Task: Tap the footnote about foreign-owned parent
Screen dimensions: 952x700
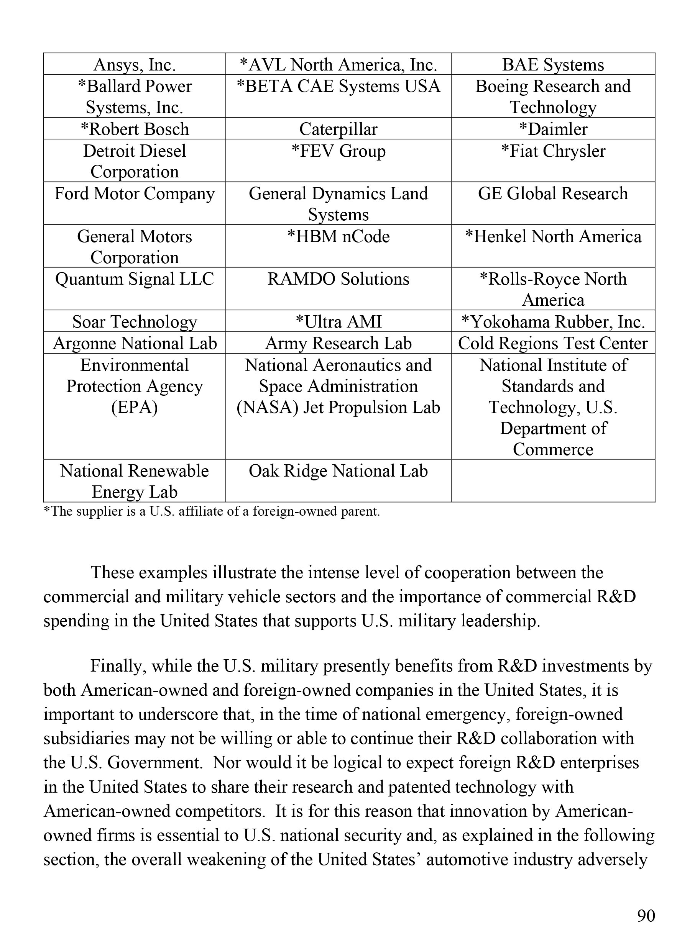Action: point(212,511)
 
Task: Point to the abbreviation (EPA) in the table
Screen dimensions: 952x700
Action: point(134,407)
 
